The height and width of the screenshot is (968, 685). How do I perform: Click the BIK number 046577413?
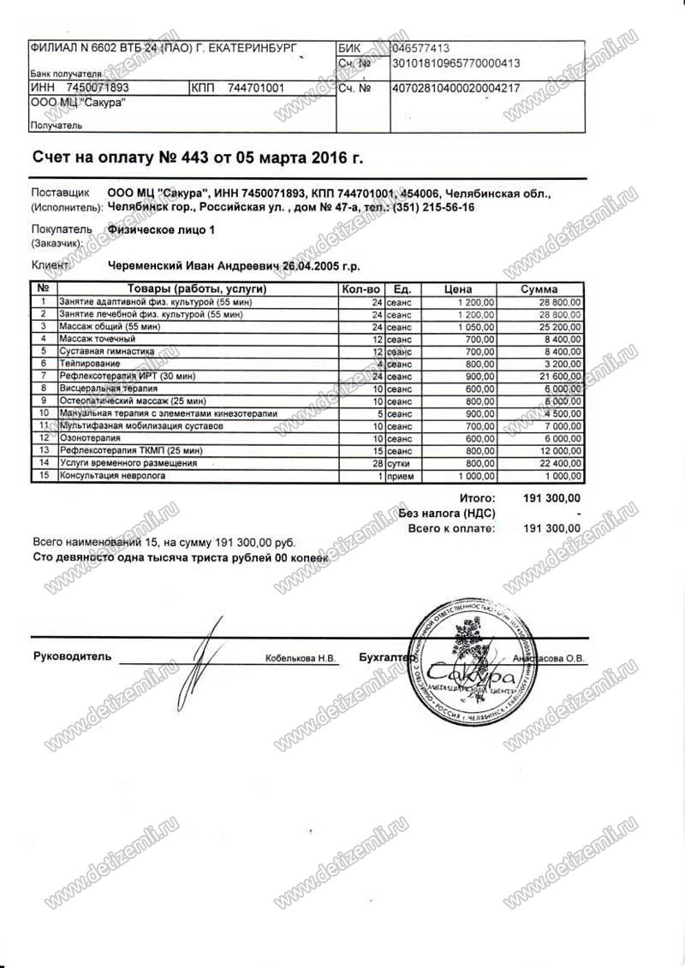coord(422,50)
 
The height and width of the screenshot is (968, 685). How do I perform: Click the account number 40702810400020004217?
coord(454,88)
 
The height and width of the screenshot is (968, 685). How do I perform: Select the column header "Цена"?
coord(459,289)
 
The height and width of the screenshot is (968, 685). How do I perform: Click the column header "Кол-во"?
coord(360,289)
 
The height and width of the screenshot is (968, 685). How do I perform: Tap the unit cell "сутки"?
coord(399,463)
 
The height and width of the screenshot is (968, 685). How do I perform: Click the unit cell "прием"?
coord(400,476)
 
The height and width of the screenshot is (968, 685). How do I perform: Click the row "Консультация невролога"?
coord(112,476)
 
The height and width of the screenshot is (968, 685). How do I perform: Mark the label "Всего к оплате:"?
coord(451,529)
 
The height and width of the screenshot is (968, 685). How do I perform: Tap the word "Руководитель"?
coord(72,656)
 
